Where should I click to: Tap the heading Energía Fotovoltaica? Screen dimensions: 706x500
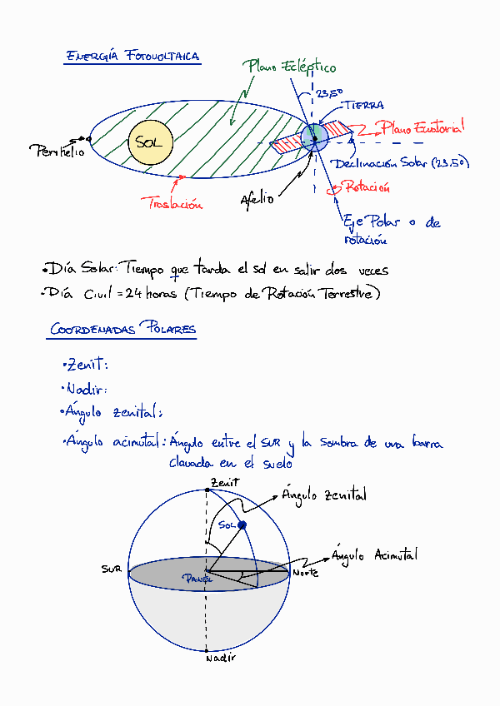coord(132,57)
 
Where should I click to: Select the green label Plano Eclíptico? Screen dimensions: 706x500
coord(290,66)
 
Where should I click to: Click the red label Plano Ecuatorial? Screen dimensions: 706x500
coord(422,127)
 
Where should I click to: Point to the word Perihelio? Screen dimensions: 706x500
coord(57,152)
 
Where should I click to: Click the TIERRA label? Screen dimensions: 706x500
coord(364,106)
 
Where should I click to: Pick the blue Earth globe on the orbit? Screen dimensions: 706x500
coord(314,136)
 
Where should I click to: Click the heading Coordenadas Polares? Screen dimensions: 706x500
coord(122,330)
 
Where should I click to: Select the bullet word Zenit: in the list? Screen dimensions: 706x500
coord(87,365)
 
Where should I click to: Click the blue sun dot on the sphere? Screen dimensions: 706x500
coord(242,525)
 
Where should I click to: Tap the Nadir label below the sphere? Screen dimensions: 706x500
coord(220,658)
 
